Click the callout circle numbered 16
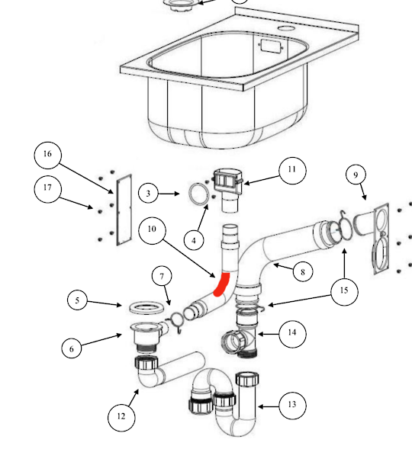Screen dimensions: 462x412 pos(47,155)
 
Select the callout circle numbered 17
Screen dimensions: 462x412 pos(49,189)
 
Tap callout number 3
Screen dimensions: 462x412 pos(149,194)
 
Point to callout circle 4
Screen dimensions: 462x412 pos(194,240)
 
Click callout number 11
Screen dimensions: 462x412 pos(291,170)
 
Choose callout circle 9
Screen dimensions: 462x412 pos(355,175)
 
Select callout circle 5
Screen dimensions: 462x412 pos(77,300)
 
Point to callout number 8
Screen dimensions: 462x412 pos(303,271)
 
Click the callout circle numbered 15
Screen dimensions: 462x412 pos(345,291)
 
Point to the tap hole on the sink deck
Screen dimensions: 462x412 pos(287,28)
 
